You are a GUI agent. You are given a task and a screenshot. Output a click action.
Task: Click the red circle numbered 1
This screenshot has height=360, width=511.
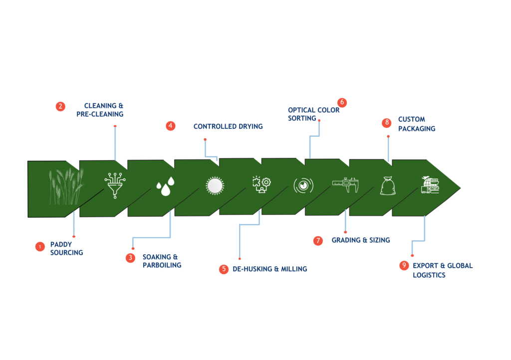40,247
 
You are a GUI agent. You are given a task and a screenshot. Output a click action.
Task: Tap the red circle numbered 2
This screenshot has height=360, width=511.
60,106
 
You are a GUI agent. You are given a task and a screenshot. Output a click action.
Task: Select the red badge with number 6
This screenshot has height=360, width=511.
342,102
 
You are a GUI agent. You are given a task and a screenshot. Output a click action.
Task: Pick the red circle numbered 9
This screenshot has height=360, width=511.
404,266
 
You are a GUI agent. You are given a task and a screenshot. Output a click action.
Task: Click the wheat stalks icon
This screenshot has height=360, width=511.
66,187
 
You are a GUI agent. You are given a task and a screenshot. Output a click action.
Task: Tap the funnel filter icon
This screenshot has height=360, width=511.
115,185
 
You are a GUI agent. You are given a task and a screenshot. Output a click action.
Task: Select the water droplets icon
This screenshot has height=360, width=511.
166,186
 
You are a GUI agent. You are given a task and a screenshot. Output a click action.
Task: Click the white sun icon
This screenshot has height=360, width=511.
215,186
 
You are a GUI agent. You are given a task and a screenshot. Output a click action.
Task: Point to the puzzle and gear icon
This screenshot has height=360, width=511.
261,185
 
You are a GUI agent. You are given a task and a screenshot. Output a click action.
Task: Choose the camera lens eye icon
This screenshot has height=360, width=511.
303,186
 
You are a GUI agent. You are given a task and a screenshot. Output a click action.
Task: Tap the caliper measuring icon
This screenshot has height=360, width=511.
345,185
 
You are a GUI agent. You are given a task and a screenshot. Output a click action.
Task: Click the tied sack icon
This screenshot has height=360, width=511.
388,186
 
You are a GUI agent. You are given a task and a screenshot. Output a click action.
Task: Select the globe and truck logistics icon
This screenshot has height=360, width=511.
430,185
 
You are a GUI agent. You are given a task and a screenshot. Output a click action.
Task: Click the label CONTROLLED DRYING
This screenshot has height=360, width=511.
228,126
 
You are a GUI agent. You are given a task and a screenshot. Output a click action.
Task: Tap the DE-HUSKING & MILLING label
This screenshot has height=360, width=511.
270,269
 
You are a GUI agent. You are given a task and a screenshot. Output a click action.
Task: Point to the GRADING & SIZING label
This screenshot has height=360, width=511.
361,240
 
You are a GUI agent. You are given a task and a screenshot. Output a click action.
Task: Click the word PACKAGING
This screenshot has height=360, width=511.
417,129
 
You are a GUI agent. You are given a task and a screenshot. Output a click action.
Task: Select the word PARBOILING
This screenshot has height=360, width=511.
162,266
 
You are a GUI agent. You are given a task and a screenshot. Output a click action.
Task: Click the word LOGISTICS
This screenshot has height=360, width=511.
429,275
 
